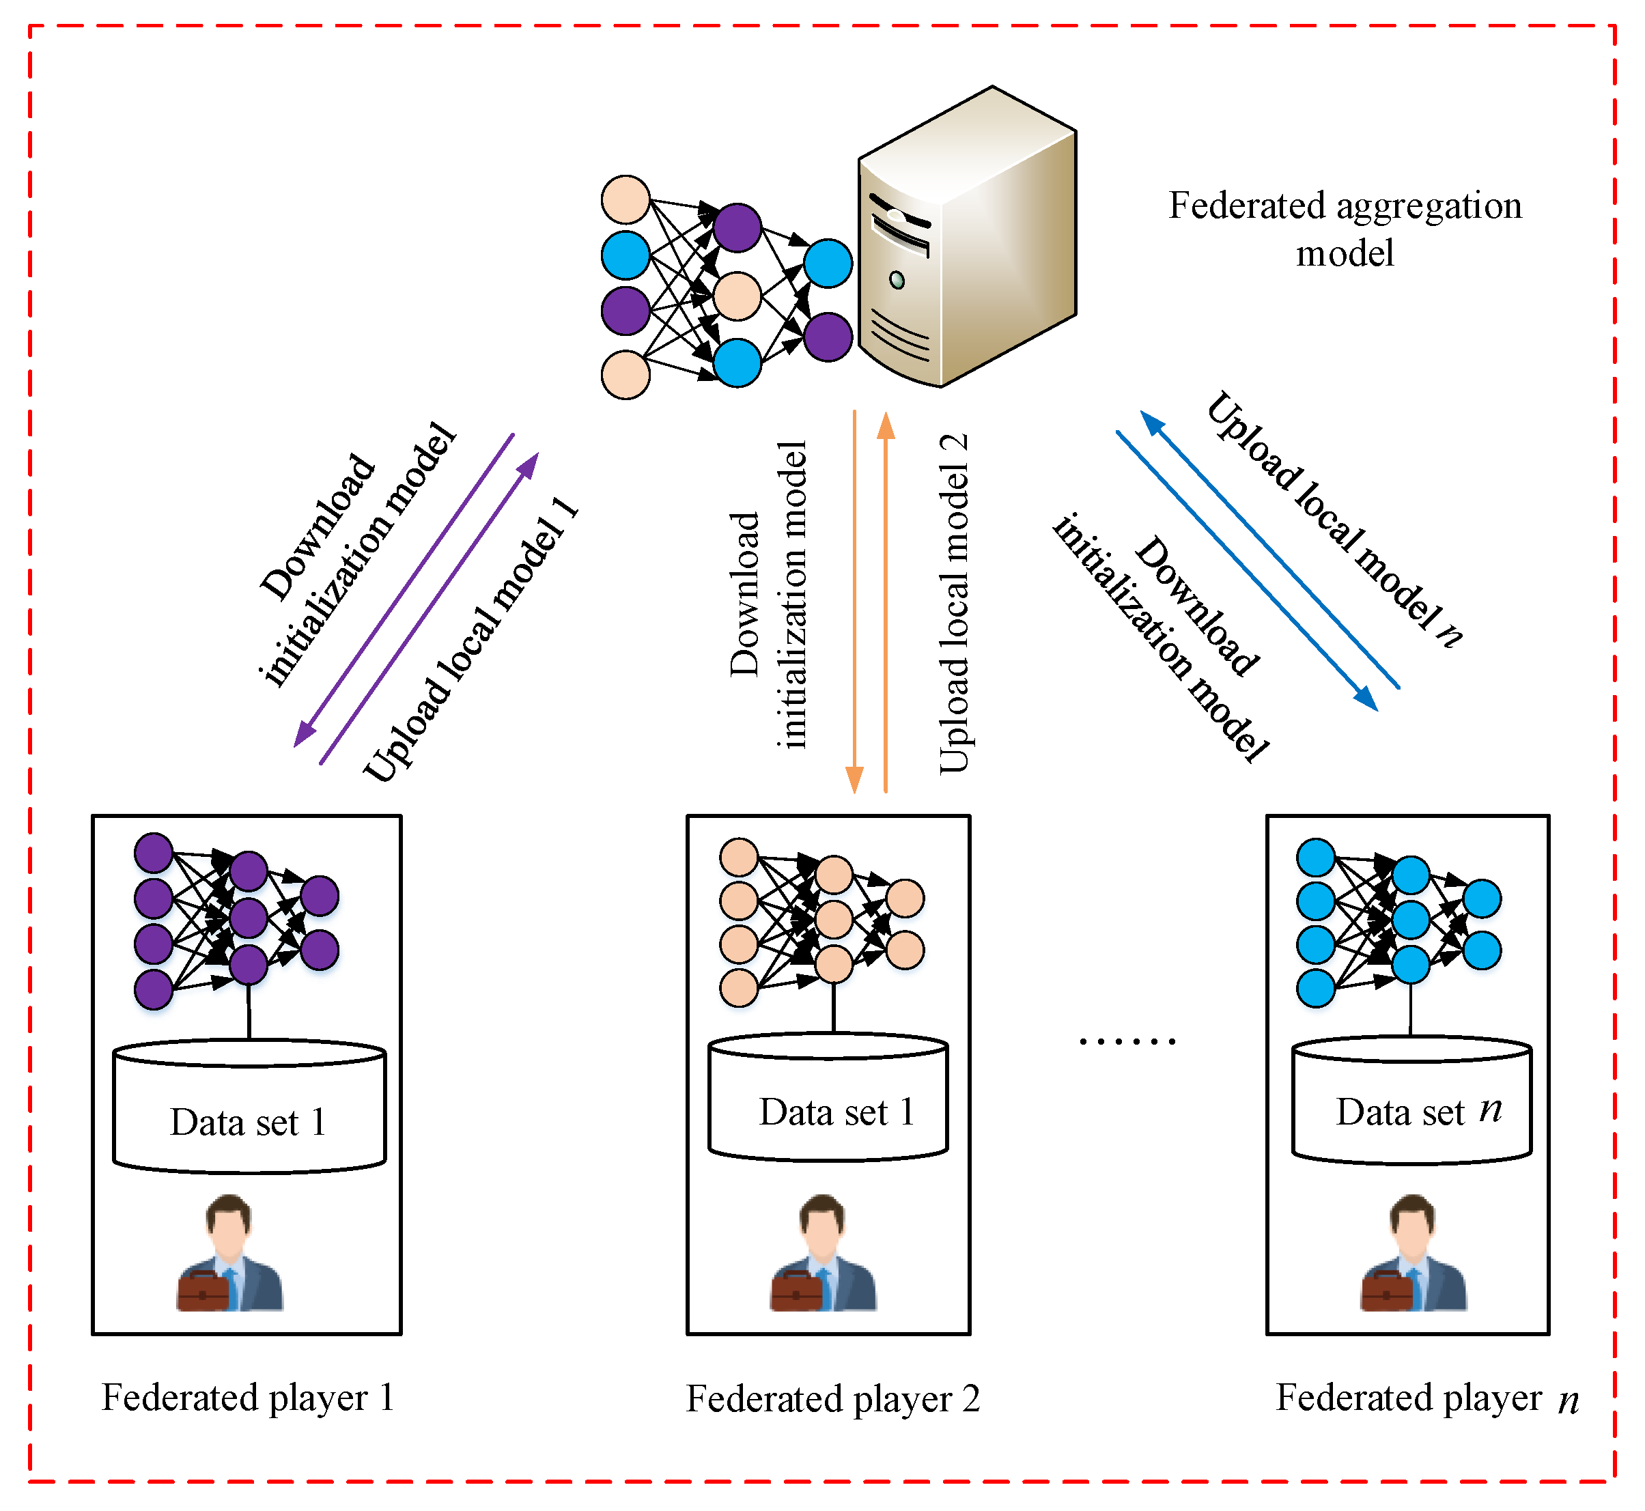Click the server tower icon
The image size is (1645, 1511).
tap(967, 237)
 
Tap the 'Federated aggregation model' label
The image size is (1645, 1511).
tap(1345, 229)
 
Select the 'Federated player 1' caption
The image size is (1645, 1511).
tap(248, 1398)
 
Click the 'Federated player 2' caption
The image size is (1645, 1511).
tap(832, 1399)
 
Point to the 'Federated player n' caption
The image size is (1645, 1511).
tap(1426, 1399)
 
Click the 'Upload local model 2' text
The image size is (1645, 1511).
tap(953, 604)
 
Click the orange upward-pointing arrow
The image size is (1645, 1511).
tap(886, 603)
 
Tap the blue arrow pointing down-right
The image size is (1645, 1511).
tap(1248, 571)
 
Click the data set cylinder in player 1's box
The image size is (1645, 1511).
tap(249, 1106)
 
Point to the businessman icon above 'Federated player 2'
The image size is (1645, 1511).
tap(824, 1253)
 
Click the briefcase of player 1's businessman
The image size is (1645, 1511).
tap(203, 1291)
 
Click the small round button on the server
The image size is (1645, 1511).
tap(897, 281)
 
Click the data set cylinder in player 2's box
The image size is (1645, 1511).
tap(828, 1097)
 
